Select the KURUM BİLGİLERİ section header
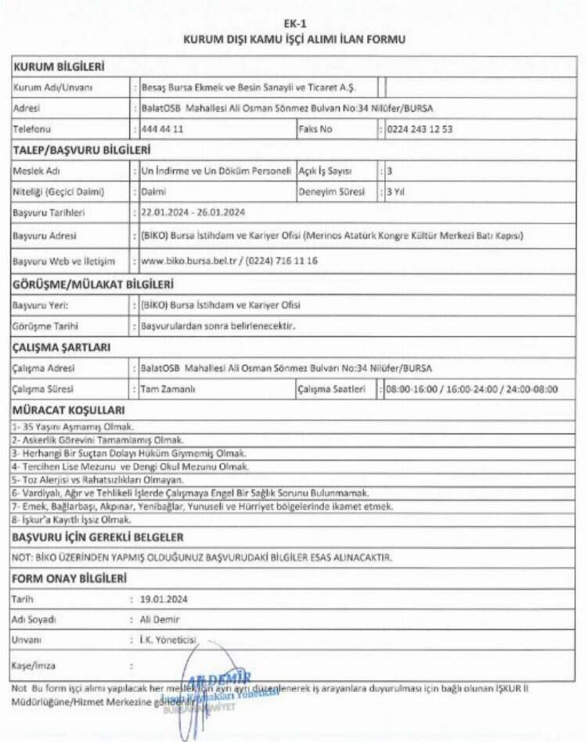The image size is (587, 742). (59, 67)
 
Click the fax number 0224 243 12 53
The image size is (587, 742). (419, 128)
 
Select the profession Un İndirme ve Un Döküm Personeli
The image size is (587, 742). (215, 170)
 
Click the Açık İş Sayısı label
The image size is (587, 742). (325, 170)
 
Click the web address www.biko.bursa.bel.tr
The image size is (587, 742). (185, 259)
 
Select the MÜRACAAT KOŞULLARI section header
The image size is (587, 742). (69, 410)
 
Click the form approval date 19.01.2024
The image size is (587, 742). (164, 599)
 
